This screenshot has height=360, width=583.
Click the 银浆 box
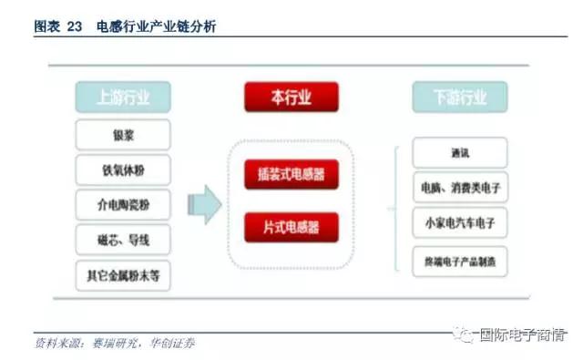(x=124, y=136)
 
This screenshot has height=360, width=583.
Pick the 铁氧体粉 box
(x=124, y=170)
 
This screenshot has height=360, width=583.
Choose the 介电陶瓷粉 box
(x=124, y=205)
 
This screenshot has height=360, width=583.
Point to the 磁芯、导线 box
(x=124, y=240)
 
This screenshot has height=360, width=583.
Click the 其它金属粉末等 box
(x=124, y=273)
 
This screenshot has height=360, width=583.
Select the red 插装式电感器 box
(x=291, y=172)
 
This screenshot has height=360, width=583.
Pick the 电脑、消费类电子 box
(x=459, y=188)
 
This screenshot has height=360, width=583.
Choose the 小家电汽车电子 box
(x=459, y=223)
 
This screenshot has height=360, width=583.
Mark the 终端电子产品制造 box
(x=459, y=260)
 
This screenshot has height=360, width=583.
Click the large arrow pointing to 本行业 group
(x=209, y=204)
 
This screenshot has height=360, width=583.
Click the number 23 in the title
(x=75, y=27)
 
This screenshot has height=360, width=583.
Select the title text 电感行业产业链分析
(x=155, y=27)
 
